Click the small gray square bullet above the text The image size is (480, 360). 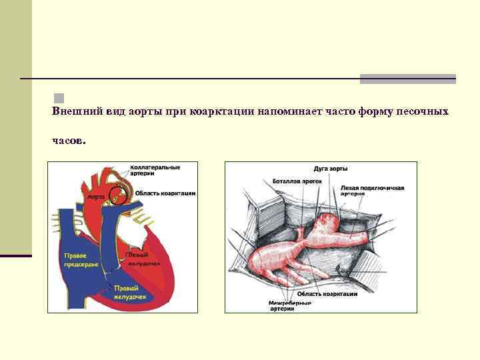tap(59, 98)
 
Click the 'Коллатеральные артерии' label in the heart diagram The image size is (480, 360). tap(154, 169)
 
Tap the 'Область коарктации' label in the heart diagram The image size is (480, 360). tap(165, 193)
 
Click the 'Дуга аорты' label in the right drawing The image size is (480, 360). tap(330, 169)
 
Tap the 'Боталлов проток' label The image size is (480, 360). tap(297, 181)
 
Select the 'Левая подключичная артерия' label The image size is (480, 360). tap(372, 190)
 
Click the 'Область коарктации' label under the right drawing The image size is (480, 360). tap(327, 293)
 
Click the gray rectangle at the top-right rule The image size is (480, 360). tap(407, 79)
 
